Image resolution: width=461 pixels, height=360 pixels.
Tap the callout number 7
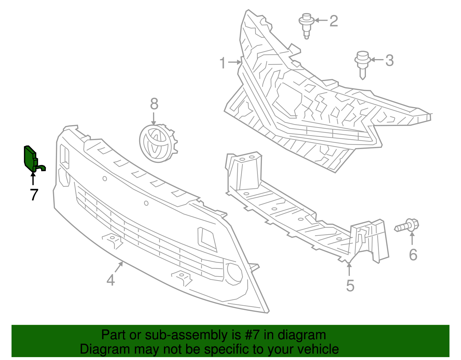click(34, 195)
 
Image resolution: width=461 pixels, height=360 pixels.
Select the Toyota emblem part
click(158, 144)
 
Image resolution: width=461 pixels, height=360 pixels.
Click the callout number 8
click(154, 104)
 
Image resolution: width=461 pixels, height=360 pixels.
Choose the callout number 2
click(334, 21)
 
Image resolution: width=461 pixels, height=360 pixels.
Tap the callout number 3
click(390, 61)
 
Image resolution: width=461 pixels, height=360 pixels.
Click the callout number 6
click(413, 255)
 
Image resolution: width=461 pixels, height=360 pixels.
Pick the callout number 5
click(350, 286)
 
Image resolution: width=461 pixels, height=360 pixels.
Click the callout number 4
click(111, 280)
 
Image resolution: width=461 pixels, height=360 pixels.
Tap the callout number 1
click(222, 63)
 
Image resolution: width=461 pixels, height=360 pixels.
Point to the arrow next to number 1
click(235, 62)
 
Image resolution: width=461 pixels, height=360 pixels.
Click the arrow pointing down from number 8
click(154, 119)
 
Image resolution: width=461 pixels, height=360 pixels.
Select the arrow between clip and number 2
click(321, 20)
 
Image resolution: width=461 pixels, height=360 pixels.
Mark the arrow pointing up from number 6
click(412, 239)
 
